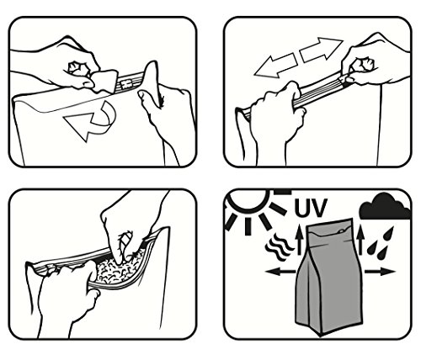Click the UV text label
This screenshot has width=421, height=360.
click(311, 208)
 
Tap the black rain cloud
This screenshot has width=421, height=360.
click(385, 207)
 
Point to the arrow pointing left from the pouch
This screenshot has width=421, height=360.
click(280, 271)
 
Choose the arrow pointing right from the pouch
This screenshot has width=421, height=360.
click(380, 271)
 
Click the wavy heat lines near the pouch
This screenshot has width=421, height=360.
click(279, 246)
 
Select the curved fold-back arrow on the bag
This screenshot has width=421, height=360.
click(91, 124)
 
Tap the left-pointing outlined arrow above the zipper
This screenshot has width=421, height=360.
click(275, 66)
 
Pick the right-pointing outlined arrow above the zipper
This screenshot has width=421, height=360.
click(322, 50)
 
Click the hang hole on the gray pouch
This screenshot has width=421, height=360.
click(340, 231)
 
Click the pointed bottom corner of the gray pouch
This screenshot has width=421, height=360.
click(321, 336)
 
